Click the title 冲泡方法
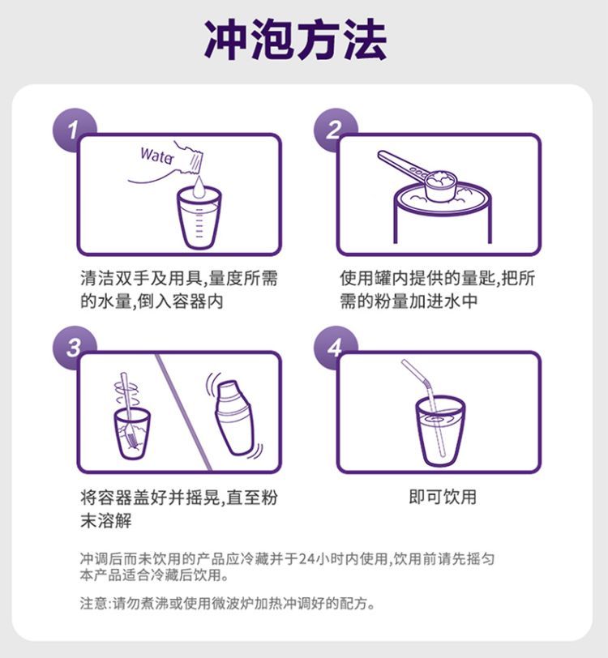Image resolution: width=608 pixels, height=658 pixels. tap(296, 41)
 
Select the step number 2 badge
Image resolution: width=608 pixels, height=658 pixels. tap(335, 130)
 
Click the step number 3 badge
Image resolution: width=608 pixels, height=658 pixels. tap(73, 348)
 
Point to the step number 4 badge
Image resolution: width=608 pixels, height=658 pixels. tap(335, 348)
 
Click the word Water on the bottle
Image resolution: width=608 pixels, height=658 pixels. tap(157, 156)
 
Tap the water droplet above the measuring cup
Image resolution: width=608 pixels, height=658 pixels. tap(199, 186)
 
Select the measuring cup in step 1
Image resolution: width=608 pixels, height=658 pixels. tap(199, 218)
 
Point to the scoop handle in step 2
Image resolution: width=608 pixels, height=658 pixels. tap(402, 163)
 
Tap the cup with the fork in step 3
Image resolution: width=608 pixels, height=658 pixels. tap(132, 434)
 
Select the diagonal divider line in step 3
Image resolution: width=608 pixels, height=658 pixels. tap(183, 412)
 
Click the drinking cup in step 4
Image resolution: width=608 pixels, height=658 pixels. tap(440, 431)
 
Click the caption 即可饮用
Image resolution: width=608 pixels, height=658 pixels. tap(443, 497)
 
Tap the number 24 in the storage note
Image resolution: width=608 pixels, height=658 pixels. tap(306, 559)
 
